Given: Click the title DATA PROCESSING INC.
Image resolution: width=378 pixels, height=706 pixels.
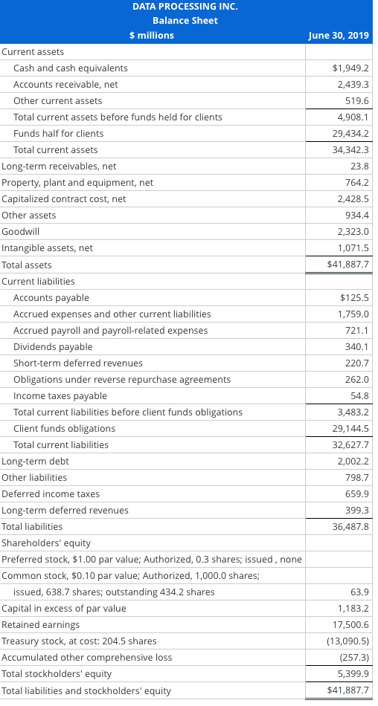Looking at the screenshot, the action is coord(185,7).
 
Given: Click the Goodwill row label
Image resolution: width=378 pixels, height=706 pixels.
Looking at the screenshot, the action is coord(19,231).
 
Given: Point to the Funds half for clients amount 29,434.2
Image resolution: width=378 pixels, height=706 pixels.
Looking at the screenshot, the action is coord(350,133).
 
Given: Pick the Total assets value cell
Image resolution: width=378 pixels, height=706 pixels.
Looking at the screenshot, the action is coord(348,264).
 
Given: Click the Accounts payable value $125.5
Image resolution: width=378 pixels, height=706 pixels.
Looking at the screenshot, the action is coord(354,297).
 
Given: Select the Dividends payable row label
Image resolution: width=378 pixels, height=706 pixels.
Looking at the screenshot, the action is coord(53,346).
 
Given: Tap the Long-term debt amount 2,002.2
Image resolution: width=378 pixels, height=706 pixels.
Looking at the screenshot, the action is coord(353,461).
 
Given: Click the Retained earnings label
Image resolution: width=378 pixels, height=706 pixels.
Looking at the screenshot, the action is coord(41,624).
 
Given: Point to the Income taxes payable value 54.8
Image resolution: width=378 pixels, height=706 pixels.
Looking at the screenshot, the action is coord(360,395).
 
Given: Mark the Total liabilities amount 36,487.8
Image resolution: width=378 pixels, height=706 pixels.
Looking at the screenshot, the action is coord(350,526).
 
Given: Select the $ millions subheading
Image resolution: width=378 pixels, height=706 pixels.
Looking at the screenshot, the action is coord(152,35).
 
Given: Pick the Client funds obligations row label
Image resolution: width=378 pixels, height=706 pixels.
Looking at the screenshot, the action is coord(64,428).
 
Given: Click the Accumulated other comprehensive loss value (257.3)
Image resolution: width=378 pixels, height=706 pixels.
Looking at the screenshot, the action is coord(355,657).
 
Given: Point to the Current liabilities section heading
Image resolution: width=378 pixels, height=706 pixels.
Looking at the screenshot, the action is coord(38,281).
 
